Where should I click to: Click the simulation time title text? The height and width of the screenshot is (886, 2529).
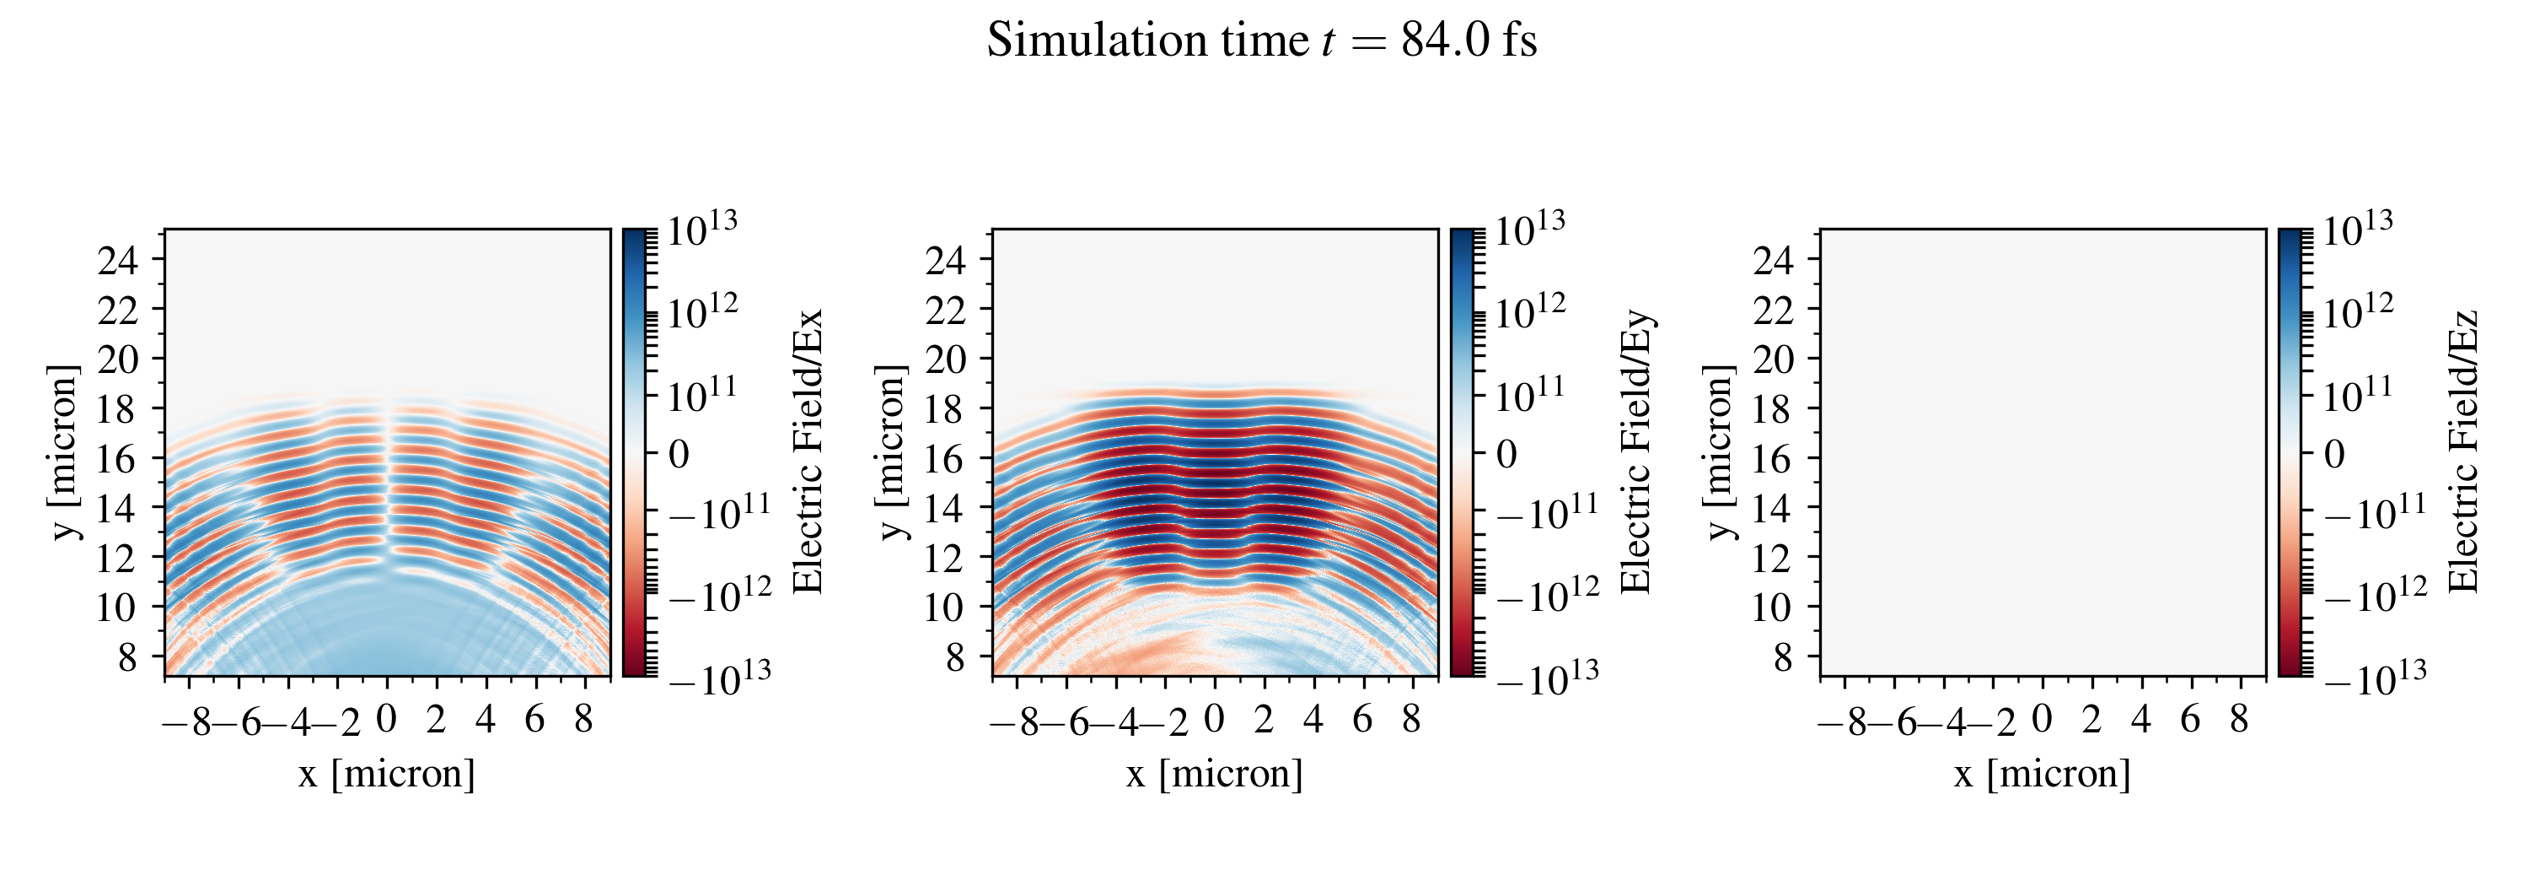[1262, 41]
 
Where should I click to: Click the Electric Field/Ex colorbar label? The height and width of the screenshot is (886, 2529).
[807, 451]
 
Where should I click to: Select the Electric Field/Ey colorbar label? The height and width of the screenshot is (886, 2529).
[1635, 451]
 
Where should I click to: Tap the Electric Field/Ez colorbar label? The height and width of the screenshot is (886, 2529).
[2463, 451]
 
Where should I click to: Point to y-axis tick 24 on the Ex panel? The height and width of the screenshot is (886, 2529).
[118, 260]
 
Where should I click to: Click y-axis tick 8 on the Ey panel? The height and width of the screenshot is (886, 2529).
[954, 657]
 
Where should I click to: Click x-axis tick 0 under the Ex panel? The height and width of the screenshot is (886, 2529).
[387, 720]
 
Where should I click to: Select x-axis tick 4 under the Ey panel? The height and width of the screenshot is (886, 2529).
[1313, 720]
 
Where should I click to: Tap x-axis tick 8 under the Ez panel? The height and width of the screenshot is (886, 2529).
[2238, 720]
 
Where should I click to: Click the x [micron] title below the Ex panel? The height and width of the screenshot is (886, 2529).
[387, 774]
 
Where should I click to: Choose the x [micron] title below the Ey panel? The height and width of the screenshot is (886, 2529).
[1215, 774]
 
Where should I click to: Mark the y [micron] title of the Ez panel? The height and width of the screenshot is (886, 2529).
[1719, 451]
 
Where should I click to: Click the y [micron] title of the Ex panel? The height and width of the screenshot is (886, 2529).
[64, 451]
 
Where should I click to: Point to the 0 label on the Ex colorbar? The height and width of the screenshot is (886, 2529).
[679, 455]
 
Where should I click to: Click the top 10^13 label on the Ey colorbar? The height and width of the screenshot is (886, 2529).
[1529, 230]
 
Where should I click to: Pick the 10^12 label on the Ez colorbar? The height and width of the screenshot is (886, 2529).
[2357, 312]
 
